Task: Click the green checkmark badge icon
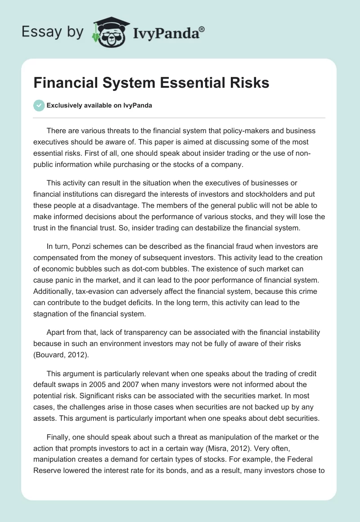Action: click(x=39, y=106)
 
